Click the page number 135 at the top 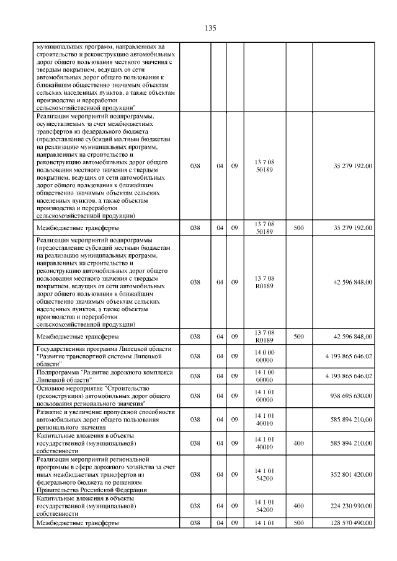click(210, 28)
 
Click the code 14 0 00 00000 click(264, 356)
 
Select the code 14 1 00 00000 click(264, 376)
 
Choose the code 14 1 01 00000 click(264, 395)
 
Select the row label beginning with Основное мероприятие click(99, 395)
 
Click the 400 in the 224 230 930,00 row click(298, 506)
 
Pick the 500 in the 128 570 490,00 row click(298, 523)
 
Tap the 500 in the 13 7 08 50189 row click(298, 228)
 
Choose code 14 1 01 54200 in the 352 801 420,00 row click(264, 475)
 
